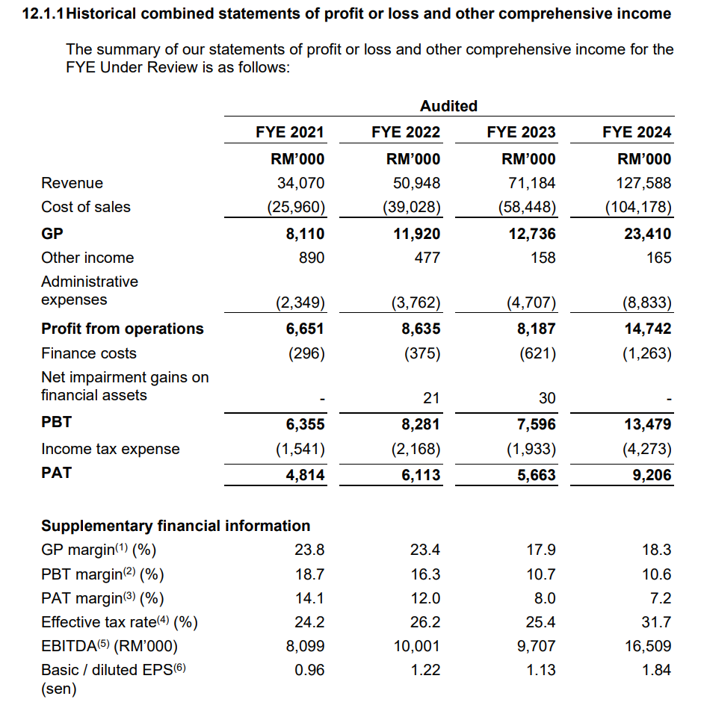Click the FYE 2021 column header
coord(290,132)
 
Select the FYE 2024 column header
coord(637,132)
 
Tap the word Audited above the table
coord(449,105)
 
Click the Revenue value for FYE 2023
coord(532,183)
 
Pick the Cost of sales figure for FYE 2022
coord(412,207)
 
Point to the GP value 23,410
coord(648,234)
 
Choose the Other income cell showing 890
coord(312,258)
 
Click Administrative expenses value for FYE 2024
coord(647,302)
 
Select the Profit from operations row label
coord(123,329)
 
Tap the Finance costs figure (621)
coord(538,353)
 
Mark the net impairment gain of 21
coord(431,398)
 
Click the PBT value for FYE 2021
coord(305,424)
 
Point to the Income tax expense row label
coord(111,449)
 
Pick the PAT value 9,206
coord(652,474)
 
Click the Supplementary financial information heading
coord(176,526)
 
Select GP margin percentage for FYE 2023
coord(541,550)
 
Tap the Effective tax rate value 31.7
coord(656,622)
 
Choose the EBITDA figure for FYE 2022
coord(417,646)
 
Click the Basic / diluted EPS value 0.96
coord(309,670)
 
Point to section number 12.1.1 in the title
coord(43,13)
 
